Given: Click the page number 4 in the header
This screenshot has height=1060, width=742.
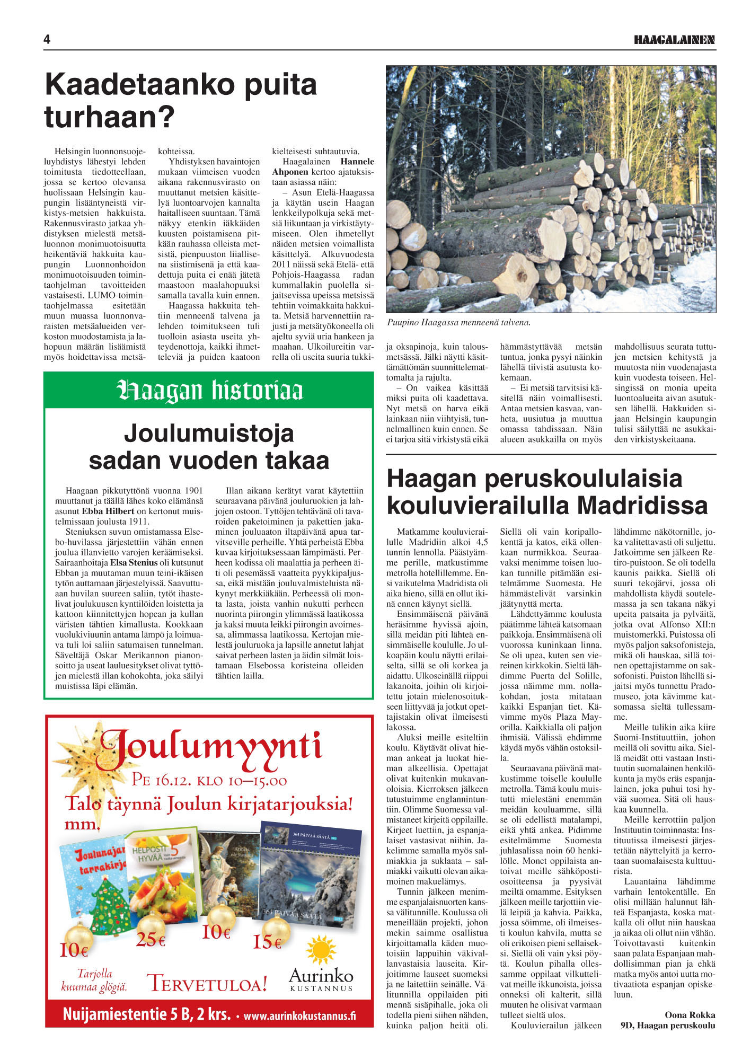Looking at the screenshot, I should (x=47, y=40).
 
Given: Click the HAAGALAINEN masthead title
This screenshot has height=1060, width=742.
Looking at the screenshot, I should (x=675, y=40).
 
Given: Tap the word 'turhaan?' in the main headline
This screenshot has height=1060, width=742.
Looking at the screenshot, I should (x=109, y=117).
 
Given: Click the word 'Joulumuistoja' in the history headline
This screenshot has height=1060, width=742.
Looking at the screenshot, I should (x=209, y=434).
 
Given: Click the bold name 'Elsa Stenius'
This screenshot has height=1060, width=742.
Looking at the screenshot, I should (x=134, y=563).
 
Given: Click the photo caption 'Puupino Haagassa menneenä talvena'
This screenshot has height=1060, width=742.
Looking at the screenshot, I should (x=458, y=322).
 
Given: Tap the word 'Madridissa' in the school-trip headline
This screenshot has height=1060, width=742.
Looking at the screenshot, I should (x=642, y=505).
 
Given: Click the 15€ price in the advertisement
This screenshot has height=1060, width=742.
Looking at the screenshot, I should (x=267, y=942).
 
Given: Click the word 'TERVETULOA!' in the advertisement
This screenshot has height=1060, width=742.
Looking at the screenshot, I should (x=207, y=983).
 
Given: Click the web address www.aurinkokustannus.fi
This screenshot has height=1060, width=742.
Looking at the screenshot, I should (x=299, y=1015).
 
